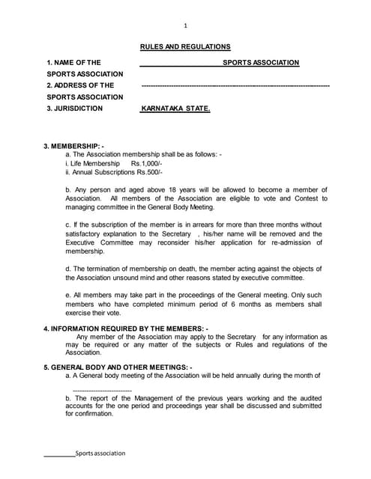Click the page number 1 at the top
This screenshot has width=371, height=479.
click(x=185, y=25)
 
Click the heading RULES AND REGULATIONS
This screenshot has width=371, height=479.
click(x=185, y=46)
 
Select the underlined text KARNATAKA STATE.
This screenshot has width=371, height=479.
click(x=176, y=109)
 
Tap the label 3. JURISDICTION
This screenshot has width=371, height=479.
click(x=75, y=109)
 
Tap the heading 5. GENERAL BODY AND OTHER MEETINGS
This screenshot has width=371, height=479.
click(x=118, y=367)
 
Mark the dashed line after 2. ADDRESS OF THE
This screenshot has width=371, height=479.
click(x=235, y=85)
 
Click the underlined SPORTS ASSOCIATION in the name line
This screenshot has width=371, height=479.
click(x=261, y=62)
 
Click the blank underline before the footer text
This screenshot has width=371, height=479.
click(x=58, y=454)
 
